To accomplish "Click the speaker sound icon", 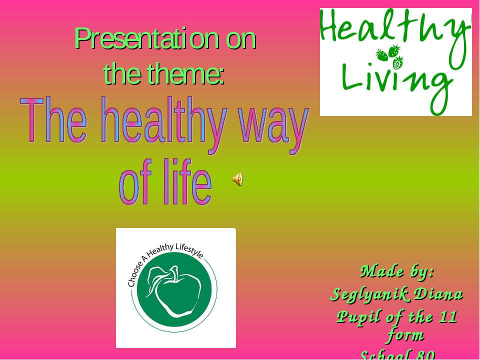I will coord(238,178).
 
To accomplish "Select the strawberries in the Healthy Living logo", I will coord(390,56).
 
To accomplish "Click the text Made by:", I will coord(397,271).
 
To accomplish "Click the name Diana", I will coord(440,294).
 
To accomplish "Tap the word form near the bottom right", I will coord(405,334).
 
